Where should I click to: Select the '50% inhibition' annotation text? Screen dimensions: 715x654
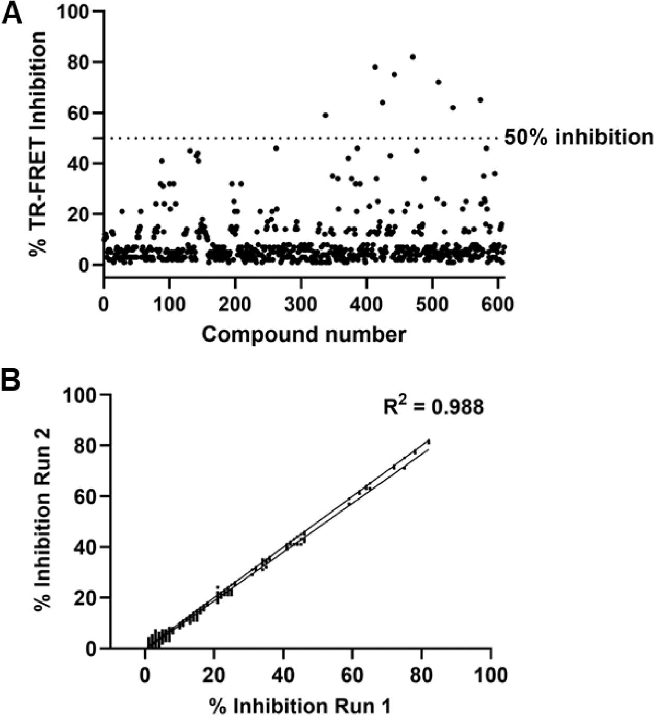[578, 138]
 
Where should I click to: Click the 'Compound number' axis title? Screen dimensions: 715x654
[303, 335]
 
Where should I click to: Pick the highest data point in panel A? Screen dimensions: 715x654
[412, 57]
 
